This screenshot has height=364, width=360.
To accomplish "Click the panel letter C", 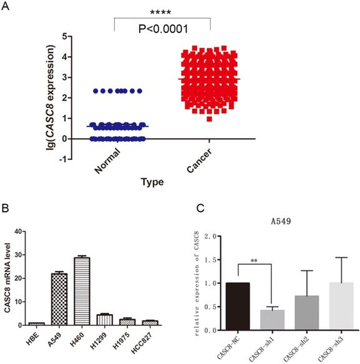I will (x=197, y=207).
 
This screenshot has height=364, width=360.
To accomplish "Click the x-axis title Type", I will (x=152, y=182).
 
